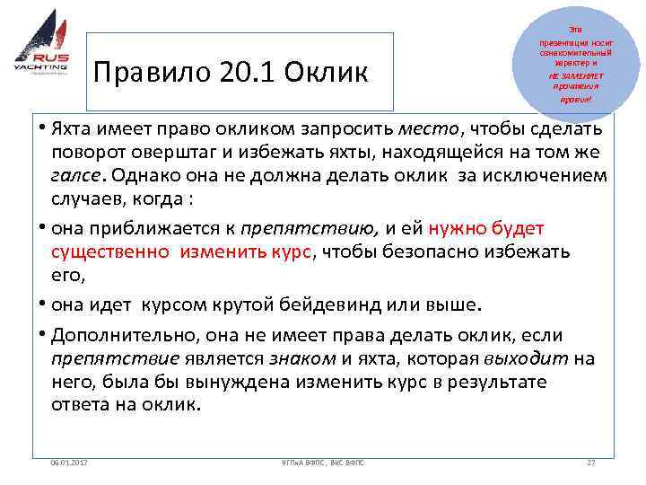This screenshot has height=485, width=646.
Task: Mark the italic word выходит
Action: pos(525,358)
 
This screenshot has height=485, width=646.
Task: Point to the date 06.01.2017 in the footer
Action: pos(76,462)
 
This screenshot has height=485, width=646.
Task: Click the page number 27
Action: pos(589,462)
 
